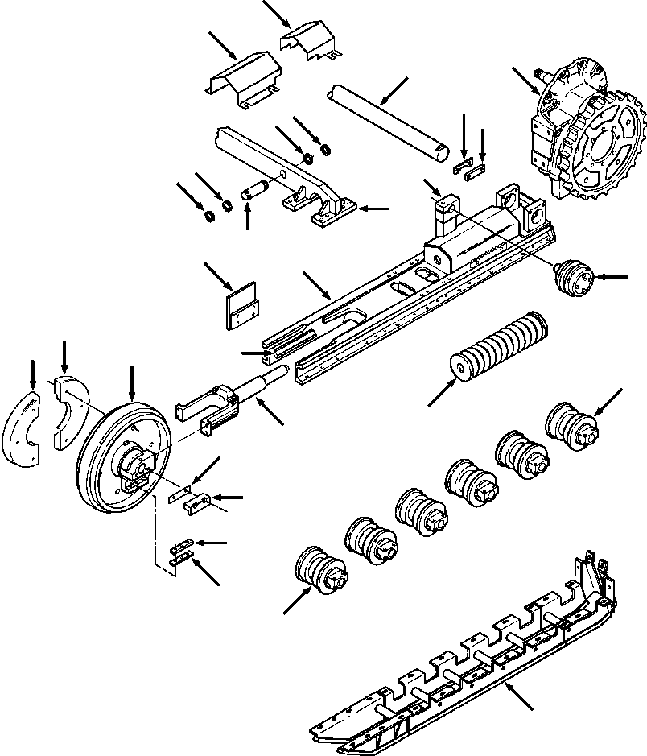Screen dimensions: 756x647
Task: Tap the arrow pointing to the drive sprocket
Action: click(x=524, y=80)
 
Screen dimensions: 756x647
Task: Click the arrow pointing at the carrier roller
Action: click(x=616, y=278)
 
